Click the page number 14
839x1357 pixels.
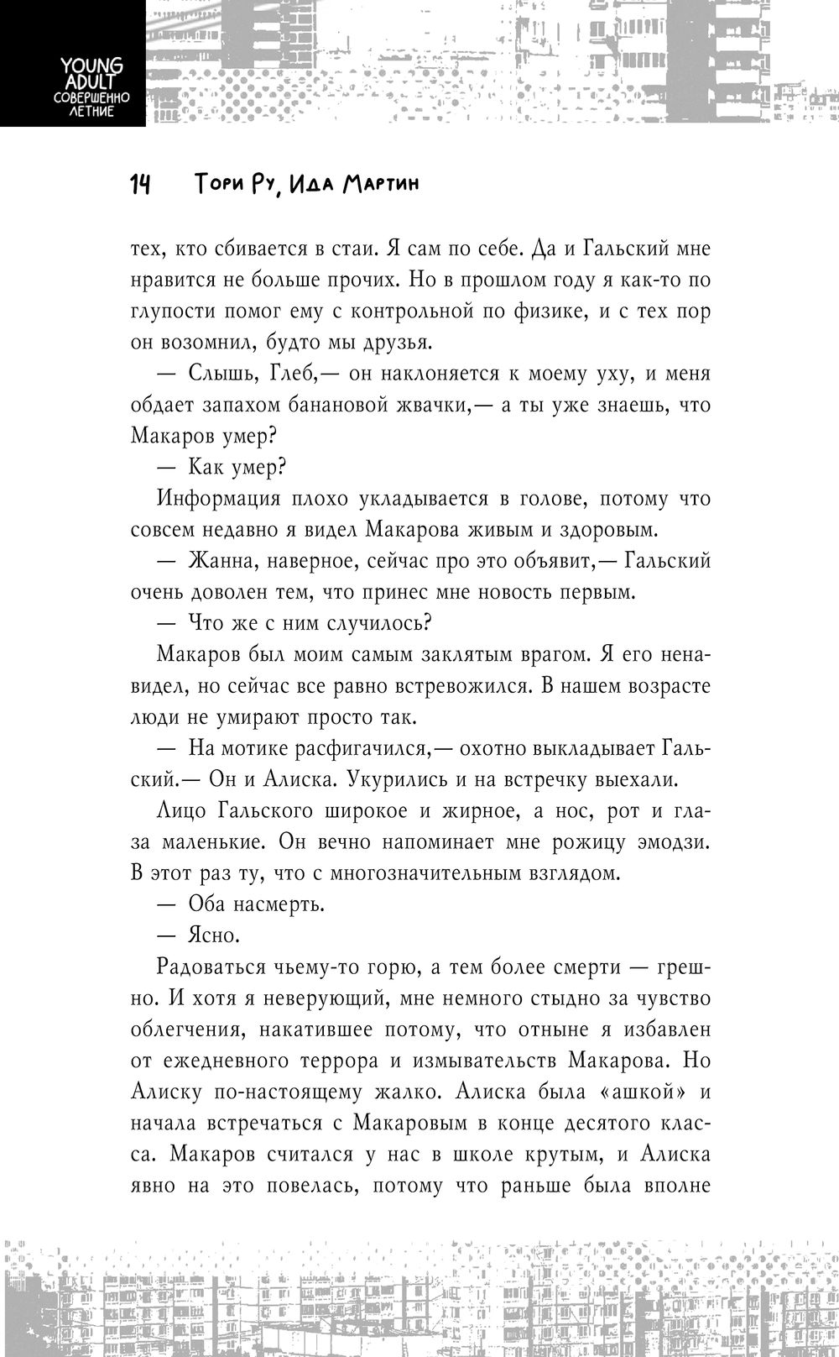140,185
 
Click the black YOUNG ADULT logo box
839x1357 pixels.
72,64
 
